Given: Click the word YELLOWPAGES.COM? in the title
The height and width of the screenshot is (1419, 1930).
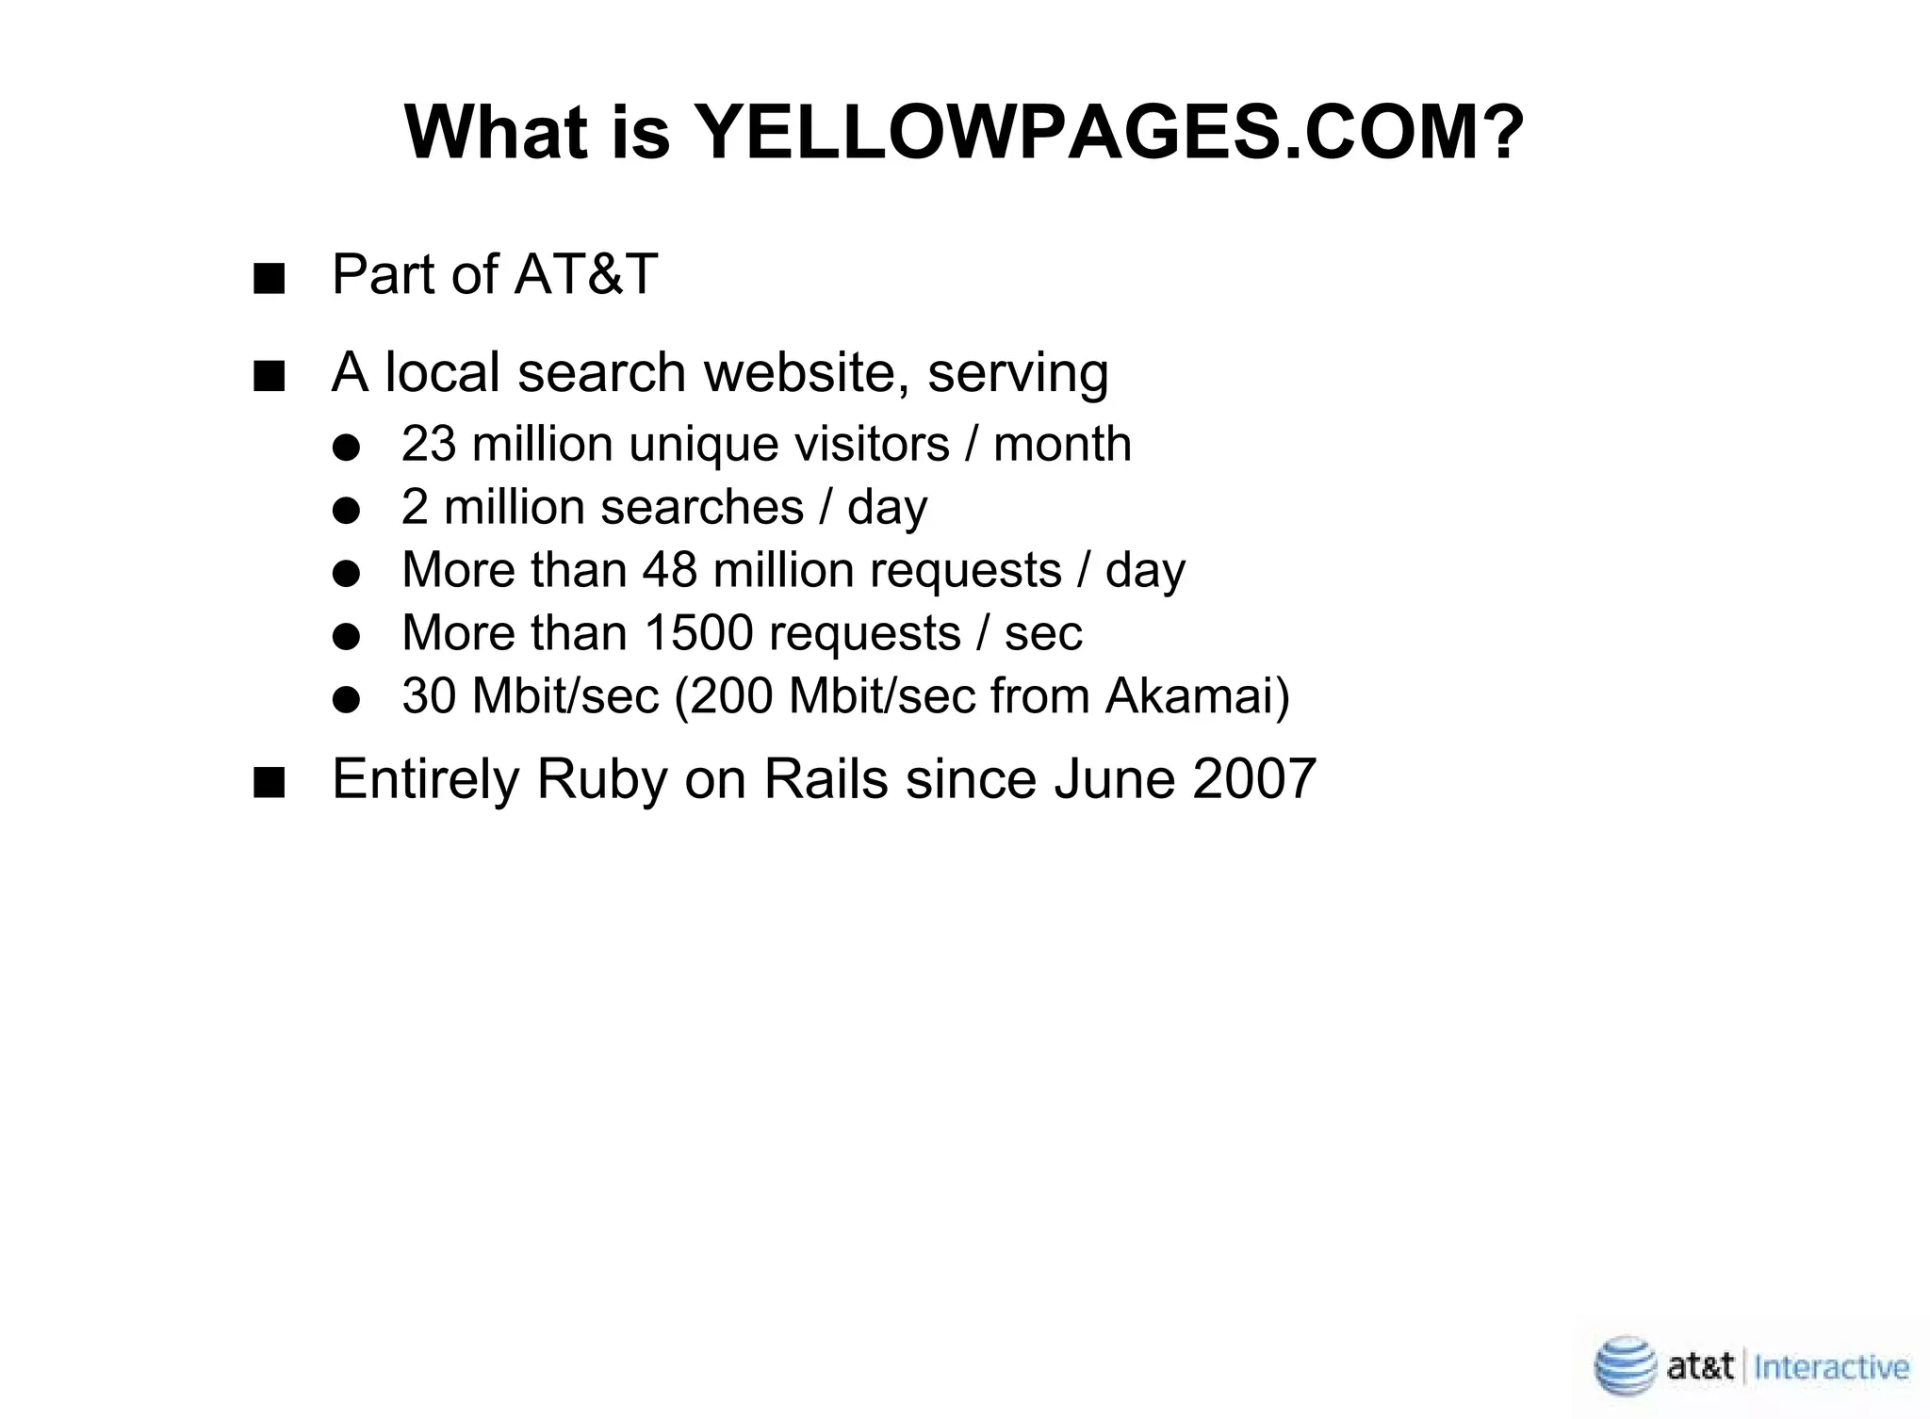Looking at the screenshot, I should point(1108,133).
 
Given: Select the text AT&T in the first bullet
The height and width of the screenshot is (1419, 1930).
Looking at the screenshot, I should point(586,274).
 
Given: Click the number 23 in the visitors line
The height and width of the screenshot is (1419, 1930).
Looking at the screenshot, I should point(428,444).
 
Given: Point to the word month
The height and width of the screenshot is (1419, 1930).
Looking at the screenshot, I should point(1062,444).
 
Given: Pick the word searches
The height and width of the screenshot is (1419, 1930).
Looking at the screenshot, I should point(702,507).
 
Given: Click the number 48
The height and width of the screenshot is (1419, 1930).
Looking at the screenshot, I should point(670,570).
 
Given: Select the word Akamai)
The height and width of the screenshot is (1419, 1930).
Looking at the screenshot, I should point(1197,696).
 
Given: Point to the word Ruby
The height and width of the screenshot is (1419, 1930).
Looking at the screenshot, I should point(601,781).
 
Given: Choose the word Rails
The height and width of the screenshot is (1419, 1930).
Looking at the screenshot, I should point(826,779).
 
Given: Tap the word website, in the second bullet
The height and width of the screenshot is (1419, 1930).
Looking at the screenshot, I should point(807,372).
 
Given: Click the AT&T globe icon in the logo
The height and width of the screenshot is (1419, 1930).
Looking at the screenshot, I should point(1624,1365).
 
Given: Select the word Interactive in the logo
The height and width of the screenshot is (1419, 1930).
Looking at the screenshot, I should point(1832,1366).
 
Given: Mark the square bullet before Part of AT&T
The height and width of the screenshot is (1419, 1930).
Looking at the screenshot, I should point(269,280).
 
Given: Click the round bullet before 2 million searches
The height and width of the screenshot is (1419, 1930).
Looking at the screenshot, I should point(347,512).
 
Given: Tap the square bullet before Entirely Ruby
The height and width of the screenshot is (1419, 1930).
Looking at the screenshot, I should point(269,784).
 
